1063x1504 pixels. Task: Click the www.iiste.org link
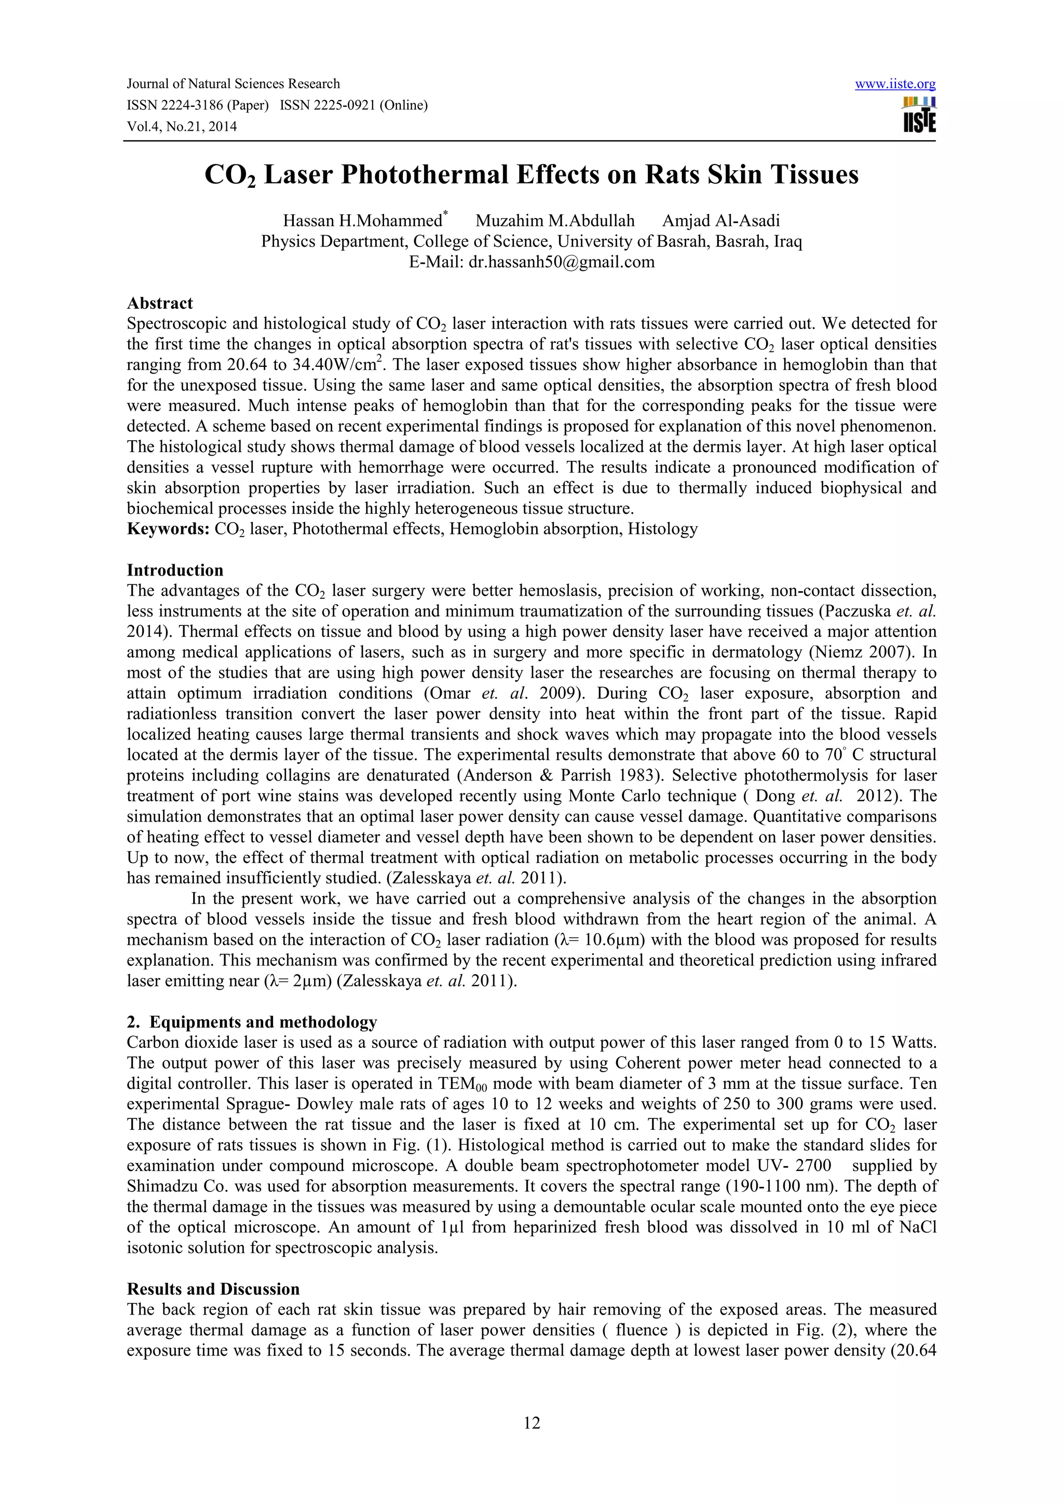(895, 85)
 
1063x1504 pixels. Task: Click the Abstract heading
(160, 303)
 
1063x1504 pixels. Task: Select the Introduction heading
(175, 570)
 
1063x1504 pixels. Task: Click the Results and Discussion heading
(213, 1289)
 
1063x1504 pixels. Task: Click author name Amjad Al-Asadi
(720, 221)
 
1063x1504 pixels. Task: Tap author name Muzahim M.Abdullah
(555, 221)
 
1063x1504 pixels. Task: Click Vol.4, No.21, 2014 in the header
(182, 127)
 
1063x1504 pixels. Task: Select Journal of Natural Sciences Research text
(233, 84)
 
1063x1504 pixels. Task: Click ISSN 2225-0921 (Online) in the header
(353, 105)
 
